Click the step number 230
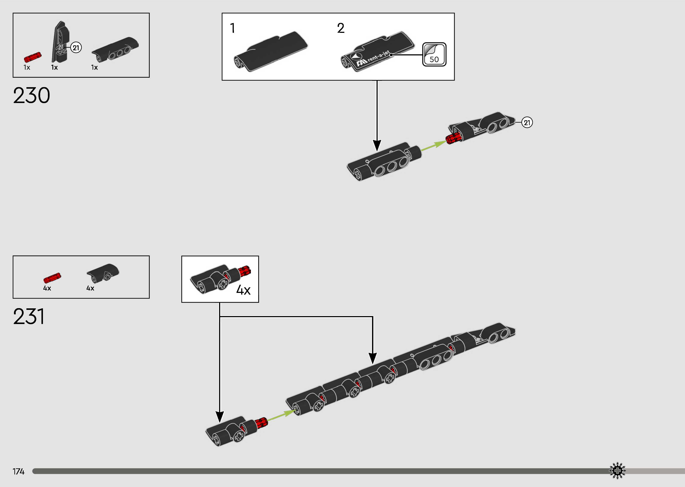tap(32, 96)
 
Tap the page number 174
tap(18, 472)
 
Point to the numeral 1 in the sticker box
tap(232, 28)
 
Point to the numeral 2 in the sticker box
tap(341, 28)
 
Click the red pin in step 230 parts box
tap(33, 57)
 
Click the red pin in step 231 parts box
tap(52, 278)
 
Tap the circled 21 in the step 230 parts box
tap(76, 48)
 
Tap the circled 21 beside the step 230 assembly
tap(527, 123)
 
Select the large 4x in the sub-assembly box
tap(243, 290)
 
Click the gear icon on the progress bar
tap(617, 471)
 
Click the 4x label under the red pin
tap(47, 288)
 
